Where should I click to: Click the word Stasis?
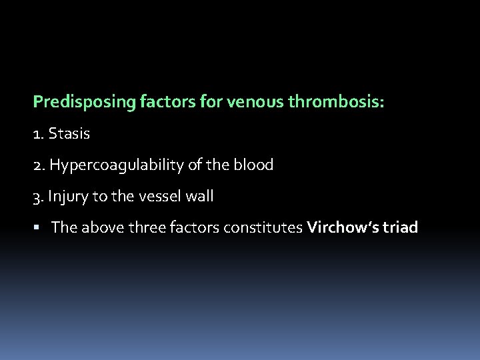69,134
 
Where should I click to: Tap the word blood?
254,165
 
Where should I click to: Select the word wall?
198,197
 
